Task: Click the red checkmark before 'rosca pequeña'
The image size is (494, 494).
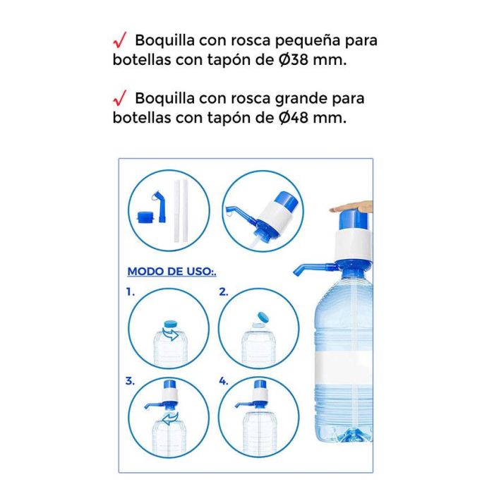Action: pyautogui.click(x=120, y=40)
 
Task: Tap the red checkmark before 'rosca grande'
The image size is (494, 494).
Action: pyautogui.click(x=120, y=98)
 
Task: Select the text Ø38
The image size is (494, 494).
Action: pyautogui.click(x=294, y=59)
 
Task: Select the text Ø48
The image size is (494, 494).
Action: pyautogui.click(x=294, y=118)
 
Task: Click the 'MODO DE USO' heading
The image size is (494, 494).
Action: pyautogui.click(x=170, y=271)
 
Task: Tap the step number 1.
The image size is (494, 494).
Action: pyautogui.click(x=130, y=292)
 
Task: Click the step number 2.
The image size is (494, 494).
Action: pyautogui.click(x=224, y=292)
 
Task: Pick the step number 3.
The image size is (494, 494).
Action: pyautogui.click(x=130, y=381)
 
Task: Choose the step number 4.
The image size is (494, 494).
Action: pyautogui.click(x=224, y=381)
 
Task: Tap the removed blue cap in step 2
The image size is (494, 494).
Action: pyautogui.click(x=263, y=318)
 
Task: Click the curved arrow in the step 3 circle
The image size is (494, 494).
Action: pyautogui.click(x=171, y=419)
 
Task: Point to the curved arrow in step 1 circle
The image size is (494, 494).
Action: pyautogui.click(x=171, y=334)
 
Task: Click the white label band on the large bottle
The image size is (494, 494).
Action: pyautogui.click(x=344, y=368)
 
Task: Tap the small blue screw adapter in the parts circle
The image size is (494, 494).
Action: pyautogui.click(x=145, y=217)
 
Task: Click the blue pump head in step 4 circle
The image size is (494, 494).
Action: pyautogui.click(x=260, y=385)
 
